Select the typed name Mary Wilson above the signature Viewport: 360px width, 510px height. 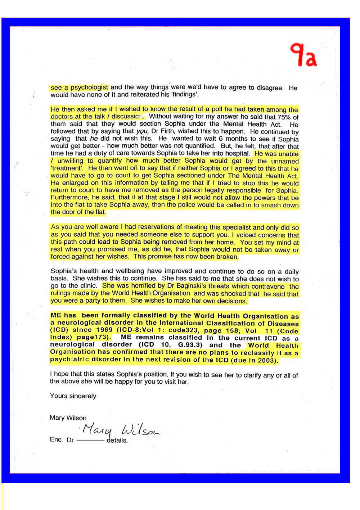68,418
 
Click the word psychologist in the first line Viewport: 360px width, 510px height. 89,87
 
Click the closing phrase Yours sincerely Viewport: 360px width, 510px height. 73,396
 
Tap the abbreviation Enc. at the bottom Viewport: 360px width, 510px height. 56,440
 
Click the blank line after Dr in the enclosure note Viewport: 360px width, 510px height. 90,440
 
